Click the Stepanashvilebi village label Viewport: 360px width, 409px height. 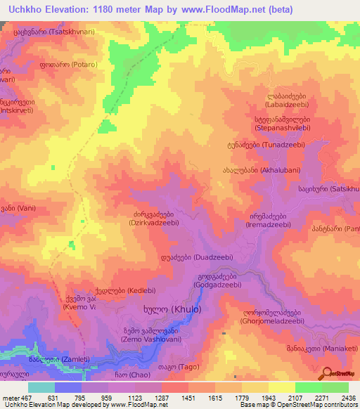pos(288,124)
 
